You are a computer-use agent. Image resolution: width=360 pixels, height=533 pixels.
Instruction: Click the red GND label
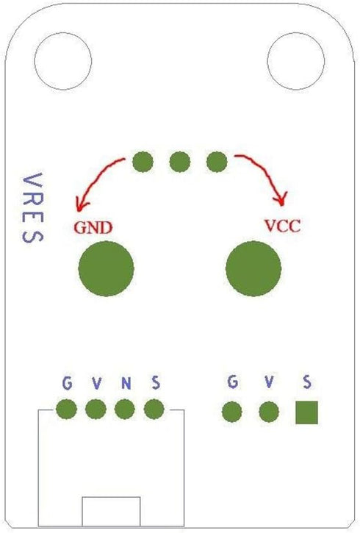coord(93,227)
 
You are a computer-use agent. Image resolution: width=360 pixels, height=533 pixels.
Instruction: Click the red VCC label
coord(283,226)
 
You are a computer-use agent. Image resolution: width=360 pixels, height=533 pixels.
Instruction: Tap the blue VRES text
coord(32,208)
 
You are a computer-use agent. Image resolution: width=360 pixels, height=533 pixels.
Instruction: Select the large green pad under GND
coord(106,268)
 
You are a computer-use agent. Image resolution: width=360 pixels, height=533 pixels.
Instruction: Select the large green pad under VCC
coord(253,268)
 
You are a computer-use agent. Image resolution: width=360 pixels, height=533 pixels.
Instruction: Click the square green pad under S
coord(306,412)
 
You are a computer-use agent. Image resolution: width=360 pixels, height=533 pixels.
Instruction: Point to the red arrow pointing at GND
coord(95,176)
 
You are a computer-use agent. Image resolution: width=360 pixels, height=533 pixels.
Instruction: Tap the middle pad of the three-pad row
coord(180,162)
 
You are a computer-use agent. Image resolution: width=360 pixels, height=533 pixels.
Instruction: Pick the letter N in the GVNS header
coord(126,384)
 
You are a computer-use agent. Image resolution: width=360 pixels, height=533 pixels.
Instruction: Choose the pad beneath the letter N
coord(125,409)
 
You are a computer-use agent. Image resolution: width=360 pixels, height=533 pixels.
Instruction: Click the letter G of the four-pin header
coord(68,383)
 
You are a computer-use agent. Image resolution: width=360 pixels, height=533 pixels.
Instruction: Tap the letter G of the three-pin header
coord(233,382)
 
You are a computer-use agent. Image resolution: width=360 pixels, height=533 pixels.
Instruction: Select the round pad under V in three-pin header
coord(269,412)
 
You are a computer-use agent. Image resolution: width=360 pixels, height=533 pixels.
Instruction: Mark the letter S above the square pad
coord(307,382)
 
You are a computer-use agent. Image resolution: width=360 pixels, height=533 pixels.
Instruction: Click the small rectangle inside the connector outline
coord(111,511)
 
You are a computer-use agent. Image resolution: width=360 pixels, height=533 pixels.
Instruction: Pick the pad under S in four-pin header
coord(154,409)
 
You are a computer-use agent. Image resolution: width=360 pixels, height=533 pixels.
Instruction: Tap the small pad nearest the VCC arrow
coord(217,162)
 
